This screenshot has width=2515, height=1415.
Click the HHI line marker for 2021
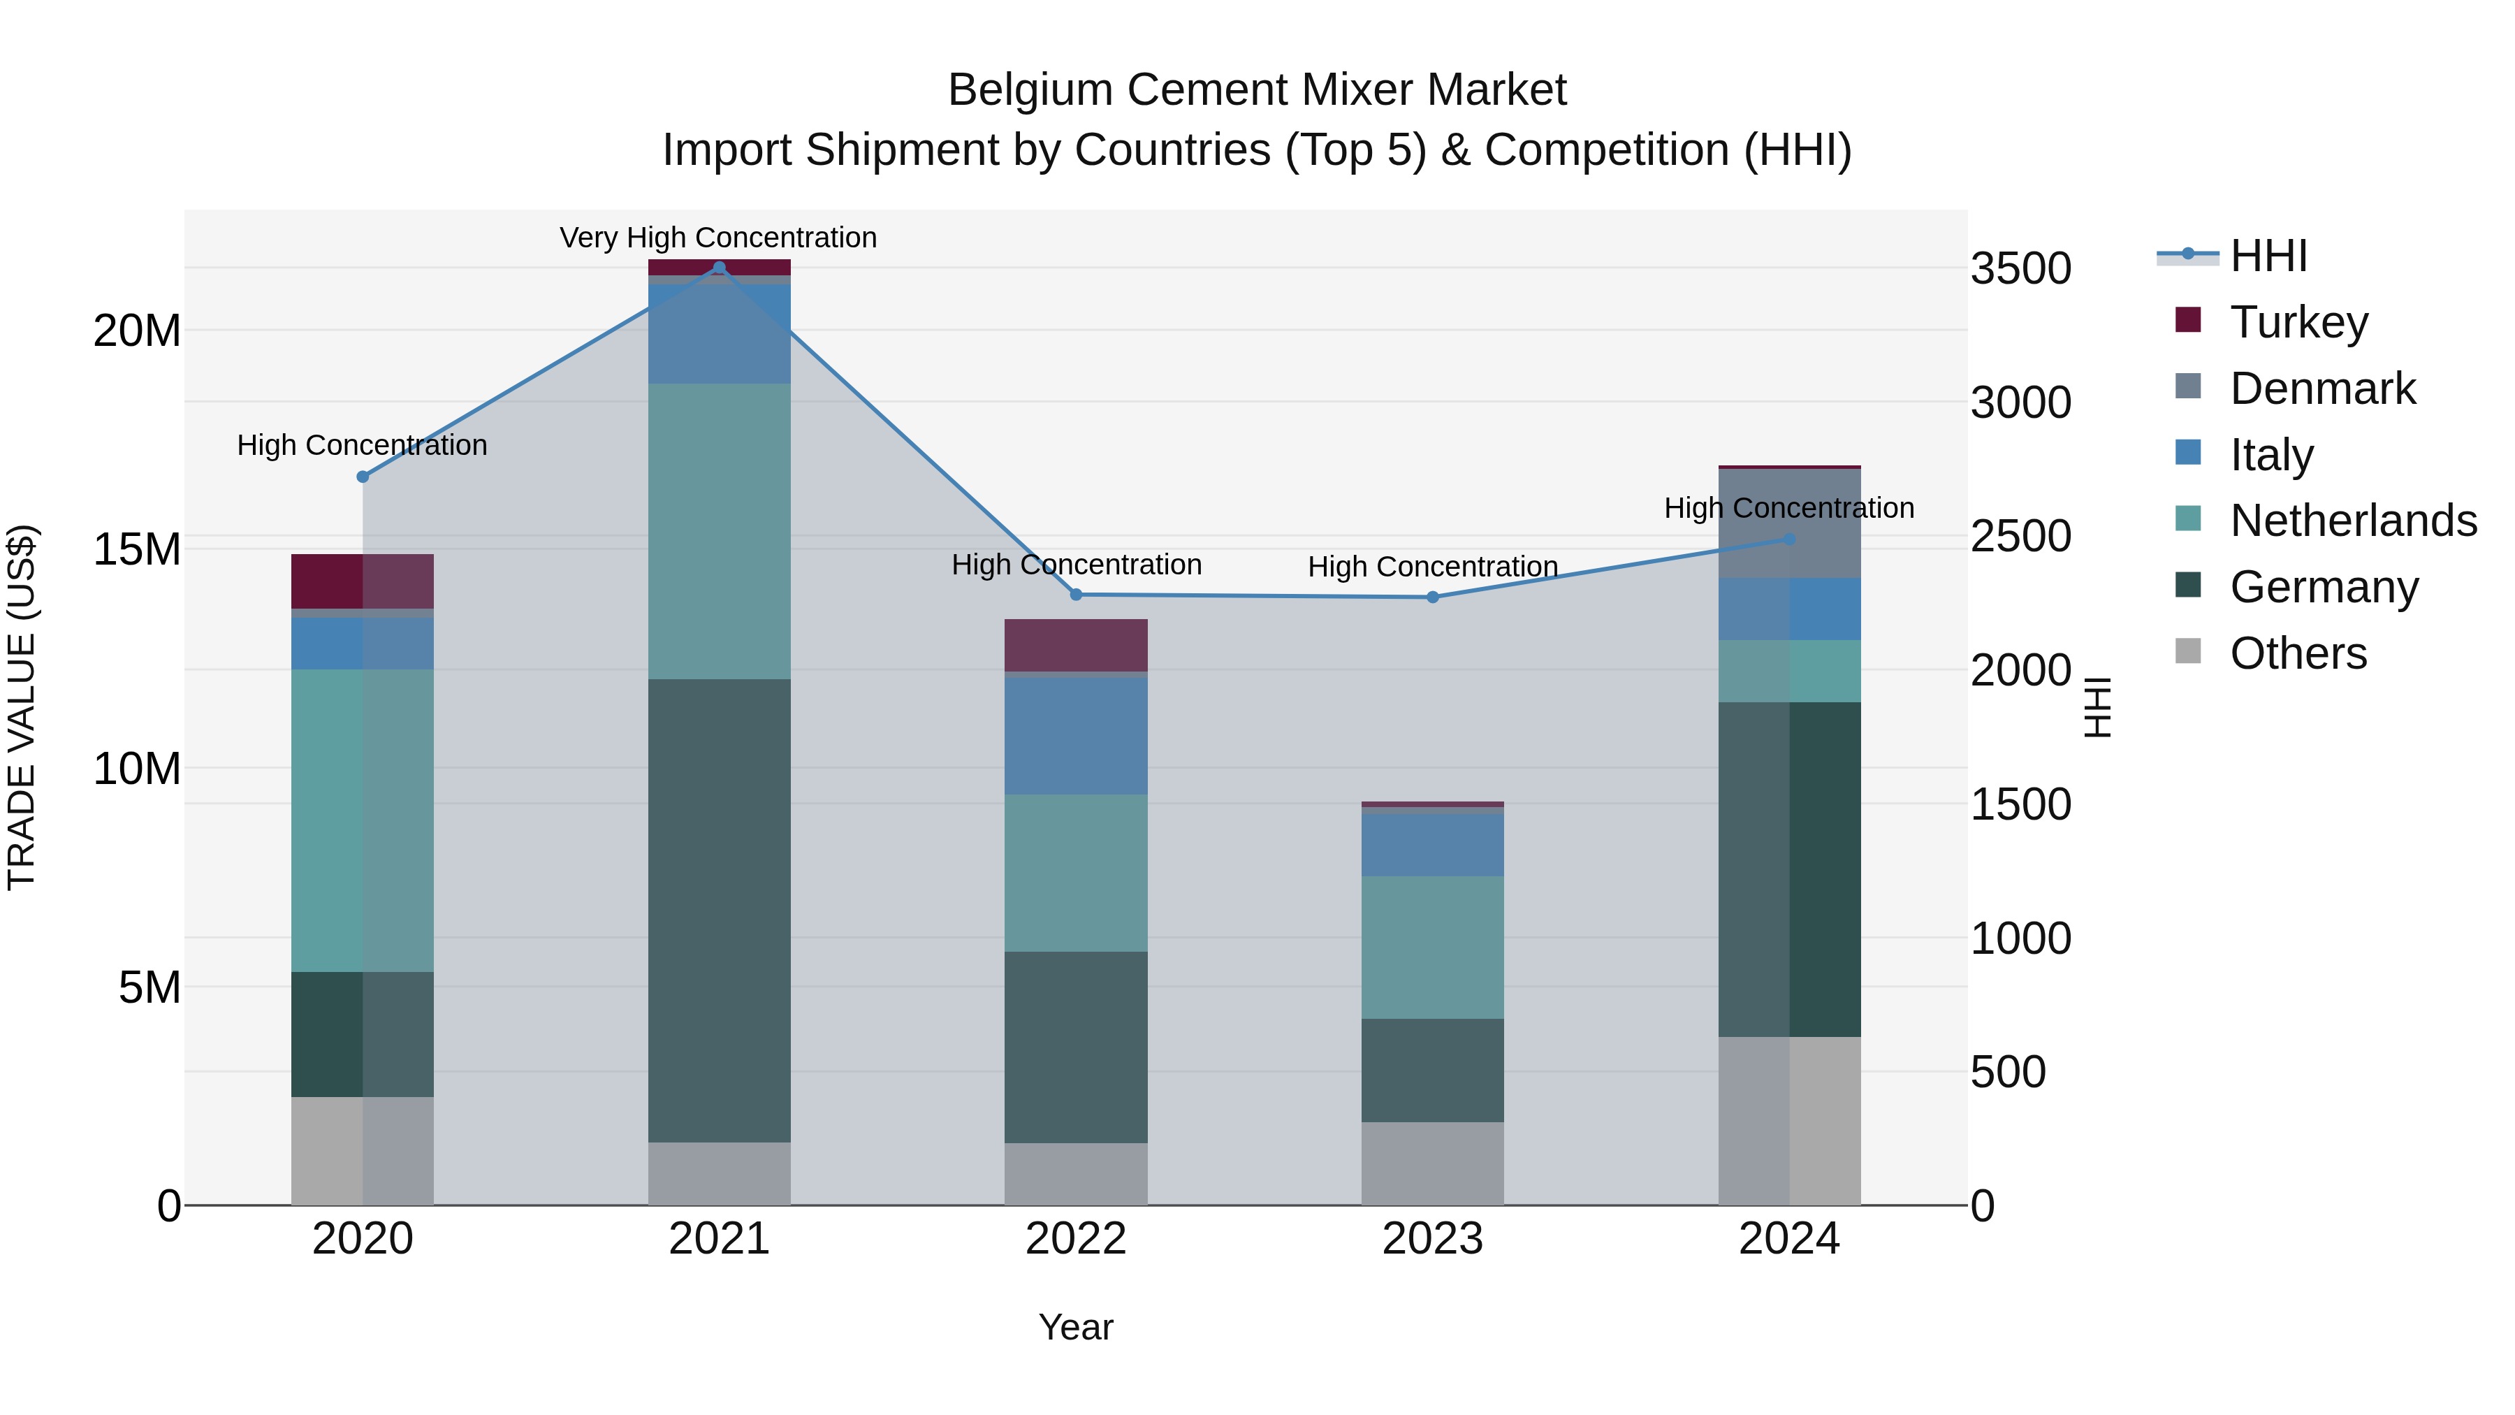pos(719,268)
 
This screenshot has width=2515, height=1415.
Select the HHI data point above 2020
pos(362,477)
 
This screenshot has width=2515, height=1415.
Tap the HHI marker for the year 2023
pos(1432,597)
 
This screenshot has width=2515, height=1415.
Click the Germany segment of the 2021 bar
pos(719,908)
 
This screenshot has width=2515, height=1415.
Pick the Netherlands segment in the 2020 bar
pos(362,820)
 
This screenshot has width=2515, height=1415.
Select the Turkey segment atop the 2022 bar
pos(1076,644)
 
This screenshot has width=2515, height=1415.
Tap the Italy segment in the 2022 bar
pos(1076,734)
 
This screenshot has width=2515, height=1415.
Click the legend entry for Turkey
pos(2298,321)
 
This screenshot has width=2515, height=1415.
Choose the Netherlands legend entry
pos(2353,521)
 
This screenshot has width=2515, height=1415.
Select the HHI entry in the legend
pos(2268,256)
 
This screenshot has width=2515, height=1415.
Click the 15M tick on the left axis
pos(137,550)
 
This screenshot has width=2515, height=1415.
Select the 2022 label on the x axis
pos(1076,1239)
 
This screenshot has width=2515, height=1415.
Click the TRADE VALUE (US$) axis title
pos(22,707)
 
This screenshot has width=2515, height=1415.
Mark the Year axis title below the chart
pos(1076,1327)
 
